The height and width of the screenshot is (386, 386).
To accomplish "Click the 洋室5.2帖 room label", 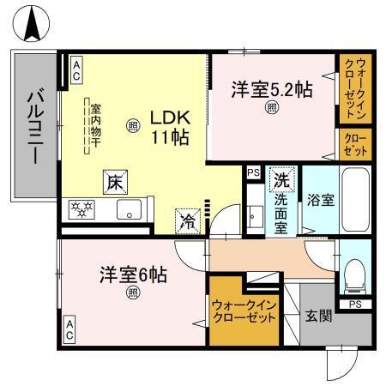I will click(x=270, y=89).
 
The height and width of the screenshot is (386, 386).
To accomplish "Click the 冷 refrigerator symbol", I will click(x=187, y=220).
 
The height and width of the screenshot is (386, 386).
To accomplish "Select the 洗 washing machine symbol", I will click(x=280, y=181).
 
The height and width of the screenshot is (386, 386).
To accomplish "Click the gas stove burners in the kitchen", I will click(x=84, y=208).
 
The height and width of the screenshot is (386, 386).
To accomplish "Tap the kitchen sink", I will click(x=130, y=208).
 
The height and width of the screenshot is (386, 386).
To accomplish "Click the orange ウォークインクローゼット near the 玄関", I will click(x=244, y=310).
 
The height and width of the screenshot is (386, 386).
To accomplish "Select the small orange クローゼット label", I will click(x=354, y=143).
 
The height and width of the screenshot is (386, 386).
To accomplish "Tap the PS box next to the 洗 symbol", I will click(x=252, y=172).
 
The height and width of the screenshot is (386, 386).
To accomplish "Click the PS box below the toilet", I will click(x=354, y=304).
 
